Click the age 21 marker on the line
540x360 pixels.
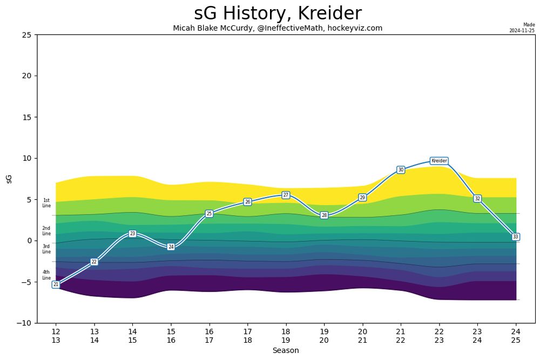tap(56, 284)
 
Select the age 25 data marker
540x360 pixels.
tap(209, 214)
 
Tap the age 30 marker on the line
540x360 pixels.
tap(401, 170)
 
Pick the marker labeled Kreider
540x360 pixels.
tap(439, 161)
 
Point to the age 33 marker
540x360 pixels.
tap(515, 237)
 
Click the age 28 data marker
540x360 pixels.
tap(324, 215)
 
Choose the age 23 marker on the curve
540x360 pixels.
tap(132, 234)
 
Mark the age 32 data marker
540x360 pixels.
tap(477, 199)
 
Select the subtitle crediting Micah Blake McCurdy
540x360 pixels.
tap(278, 28)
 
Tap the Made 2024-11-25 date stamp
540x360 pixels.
tap(522, 28)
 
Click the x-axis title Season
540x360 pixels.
tap(286, 350)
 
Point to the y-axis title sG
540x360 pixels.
tap(9, 179)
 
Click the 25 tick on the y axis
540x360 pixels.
tap(26, 35)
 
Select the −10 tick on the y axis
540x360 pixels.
tap(24, 323)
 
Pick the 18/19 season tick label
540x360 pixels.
tap(286, 336)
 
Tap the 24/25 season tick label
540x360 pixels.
tap(516, 336)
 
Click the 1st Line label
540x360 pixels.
tap(46, 203)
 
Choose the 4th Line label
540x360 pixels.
tap(46, 275)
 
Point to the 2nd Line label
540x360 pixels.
tap(46, 231)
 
